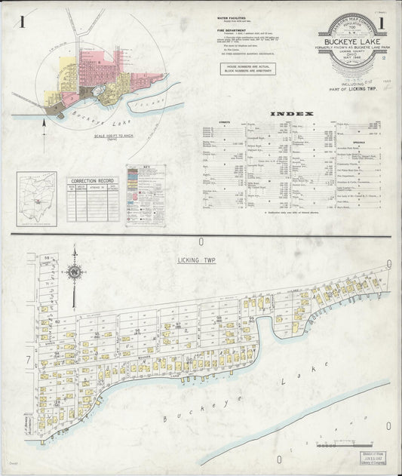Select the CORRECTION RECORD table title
pos(92,181)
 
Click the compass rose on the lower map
pos(74,272)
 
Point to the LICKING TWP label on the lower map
pos(194,260)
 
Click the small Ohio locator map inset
pos(37,198)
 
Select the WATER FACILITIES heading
pos(232,16)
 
